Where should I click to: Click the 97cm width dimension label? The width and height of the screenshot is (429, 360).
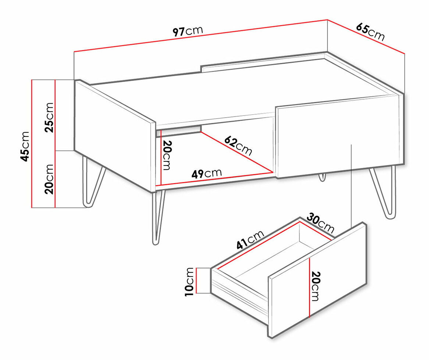coord(188,31)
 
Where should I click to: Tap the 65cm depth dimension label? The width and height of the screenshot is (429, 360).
coord(370,32)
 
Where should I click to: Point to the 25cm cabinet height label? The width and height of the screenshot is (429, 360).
coord(50,118)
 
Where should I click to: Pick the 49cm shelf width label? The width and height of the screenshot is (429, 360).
coord(206,173)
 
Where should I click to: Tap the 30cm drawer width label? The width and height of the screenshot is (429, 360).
coord(320,223)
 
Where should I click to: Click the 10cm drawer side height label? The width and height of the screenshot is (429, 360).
coord(189,282)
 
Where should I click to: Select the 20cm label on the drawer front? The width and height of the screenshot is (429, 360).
coord(315,286)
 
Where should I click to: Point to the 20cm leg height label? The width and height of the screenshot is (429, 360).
coord(49,179)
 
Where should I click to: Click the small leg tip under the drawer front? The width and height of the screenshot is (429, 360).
coord(323,177)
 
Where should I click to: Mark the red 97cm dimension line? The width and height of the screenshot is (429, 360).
coord(201,36)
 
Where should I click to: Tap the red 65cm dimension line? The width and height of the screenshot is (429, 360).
coord(366,37)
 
